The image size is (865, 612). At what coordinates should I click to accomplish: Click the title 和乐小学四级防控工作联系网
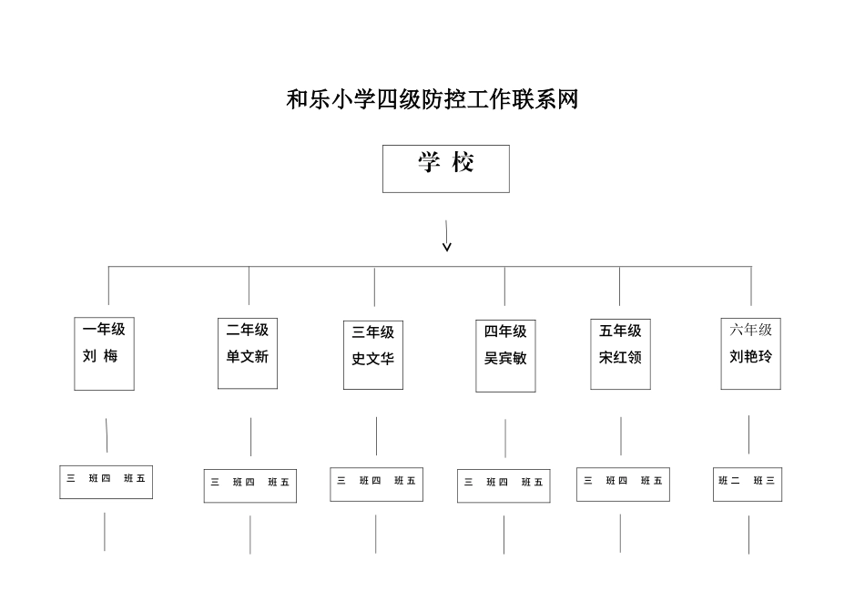tap(432, 99)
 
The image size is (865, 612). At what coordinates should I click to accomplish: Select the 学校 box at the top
tap(445, 168)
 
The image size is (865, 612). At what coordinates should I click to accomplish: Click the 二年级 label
tap(248, 330)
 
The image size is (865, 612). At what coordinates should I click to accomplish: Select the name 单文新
tap(248, 357)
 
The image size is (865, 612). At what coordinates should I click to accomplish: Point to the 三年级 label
tap(373, 332)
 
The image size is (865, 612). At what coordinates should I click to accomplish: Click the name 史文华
tap(373, 359)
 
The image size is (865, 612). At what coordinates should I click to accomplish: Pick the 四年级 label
tap(505, 331)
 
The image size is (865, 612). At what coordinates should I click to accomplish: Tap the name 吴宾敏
tap(505, 359)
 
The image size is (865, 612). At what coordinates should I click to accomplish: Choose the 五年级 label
tap(620, 331)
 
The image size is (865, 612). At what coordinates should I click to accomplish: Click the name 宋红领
tap(620, 358)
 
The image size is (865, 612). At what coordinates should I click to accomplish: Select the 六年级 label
tap(751, 330)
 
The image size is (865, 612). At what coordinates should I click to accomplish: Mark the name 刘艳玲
tap(751, 356)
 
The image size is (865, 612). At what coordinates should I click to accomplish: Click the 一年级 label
tap(104, 330)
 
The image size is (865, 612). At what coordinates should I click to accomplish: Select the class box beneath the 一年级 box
tap(106, 481)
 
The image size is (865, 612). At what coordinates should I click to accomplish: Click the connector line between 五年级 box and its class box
tap(621, 436)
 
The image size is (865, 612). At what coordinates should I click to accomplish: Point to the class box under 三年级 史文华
tap(376, 484)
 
